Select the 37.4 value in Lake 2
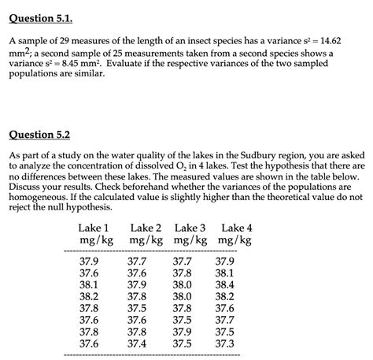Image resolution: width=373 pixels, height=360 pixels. [x=137, y=343]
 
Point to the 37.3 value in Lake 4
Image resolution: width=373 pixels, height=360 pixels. [x=224, y=343]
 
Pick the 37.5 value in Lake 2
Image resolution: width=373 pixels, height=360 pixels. [x=137, y=308]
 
